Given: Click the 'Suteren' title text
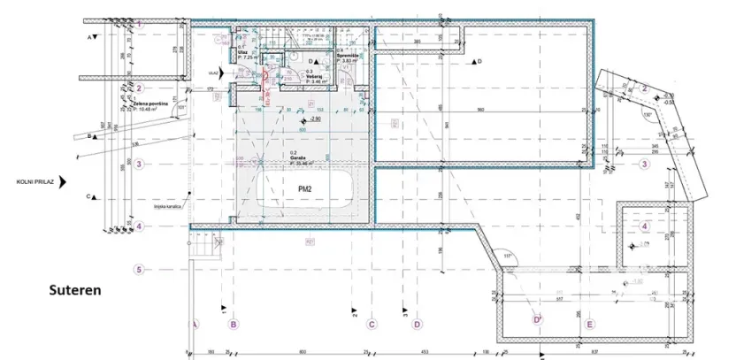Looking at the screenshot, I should point(75,289).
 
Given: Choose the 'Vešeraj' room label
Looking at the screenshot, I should point(314,77).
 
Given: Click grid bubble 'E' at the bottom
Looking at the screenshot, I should point(589,325).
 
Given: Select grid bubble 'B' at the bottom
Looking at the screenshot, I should point(234,325).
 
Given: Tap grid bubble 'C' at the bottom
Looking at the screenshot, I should point(372,325).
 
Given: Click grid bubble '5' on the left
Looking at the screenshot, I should point(139,270).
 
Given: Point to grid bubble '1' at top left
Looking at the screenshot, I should point(139,25).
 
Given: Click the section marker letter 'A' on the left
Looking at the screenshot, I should point(90,37).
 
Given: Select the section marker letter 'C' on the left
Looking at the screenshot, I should point(90,196).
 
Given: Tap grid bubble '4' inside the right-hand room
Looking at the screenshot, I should point(645,225).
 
